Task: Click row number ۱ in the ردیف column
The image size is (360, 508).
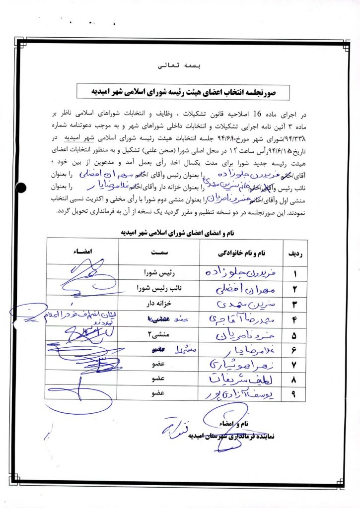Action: tap(293, 273)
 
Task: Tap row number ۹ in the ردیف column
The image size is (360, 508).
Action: tap(293, 394)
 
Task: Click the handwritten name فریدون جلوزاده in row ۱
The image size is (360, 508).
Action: tap(234, 272)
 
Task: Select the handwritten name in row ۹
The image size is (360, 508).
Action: tap(234, 394)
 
